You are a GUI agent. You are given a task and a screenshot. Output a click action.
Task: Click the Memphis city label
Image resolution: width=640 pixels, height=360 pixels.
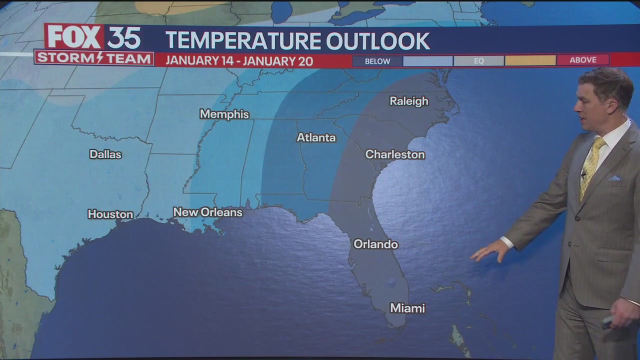224,114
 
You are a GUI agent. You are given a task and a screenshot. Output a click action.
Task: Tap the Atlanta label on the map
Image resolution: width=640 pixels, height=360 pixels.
316,137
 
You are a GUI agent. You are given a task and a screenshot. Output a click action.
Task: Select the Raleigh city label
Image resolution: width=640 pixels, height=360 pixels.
408,101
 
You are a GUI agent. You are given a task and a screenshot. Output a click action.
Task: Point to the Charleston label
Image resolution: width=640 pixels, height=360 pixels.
395,154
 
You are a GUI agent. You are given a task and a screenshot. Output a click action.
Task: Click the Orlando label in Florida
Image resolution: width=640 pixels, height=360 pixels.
375,244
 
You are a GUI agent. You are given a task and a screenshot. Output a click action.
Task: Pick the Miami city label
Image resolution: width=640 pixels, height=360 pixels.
407,308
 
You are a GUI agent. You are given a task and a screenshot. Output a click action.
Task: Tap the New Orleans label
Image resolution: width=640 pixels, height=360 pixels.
207,212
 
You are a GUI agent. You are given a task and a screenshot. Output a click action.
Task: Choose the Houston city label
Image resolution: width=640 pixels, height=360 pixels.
110,214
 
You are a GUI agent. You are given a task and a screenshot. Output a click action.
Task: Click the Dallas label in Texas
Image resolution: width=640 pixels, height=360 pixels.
105,154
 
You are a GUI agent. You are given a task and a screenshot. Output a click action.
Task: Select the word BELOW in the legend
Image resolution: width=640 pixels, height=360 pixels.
377,61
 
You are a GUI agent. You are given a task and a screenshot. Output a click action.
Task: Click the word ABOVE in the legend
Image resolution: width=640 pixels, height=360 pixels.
583,60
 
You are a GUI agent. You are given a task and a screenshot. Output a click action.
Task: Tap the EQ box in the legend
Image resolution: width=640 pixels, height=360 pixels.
478,61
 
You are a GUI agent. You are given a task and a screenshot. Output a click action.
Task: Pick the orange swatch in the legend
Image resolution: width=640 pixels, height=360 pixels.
530,60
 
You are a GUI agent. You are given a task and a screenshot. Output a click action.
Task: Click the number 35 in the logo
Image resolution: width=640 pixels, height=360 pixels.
124,37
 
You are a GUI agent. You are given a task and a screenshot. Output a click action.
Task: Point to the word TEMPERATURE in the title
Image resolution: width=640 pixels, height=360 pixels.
242,41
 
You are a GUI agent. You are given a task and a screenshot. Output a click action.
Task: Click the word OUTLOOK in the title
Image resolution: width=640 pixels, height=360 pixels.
378,41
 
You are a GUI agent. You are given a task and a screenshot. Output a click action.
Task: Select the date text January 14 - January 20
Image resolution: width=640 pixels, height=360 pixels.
239,61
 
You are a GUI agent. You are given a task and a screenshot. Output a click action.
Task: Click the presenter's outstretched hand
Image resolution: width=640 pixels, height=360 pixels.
489,250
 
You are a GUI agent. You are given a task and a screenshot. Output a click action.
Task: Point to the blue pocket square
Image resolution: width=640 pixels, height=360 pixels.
614,178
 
